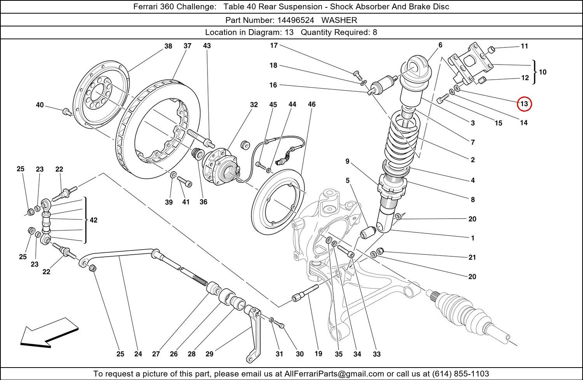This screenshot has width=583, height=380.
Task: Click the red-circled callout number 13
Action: [524, 104]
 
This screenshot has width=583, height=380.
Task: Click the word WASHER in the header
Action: [339, 20]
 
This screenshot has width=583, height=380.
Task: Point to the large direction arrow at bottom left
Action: [49, 333]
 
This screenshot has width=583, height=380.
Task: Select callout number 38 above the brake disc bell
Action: [168, 46]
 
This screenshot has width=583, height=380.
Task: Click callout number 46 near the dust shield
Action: [312, 104]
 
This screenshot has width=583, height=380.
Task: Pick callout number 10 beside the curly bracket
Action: [543, 72]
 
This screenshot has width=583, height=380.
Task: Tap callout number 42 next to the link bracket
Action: [94, 220]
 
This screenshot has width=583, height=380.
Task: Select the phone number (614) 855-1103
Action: [461, 374]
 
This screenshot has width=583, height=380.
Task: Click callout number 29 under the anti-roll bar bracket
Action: [209, 354]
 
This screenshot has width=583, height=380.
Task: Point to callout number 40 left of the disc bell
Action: [40, 105]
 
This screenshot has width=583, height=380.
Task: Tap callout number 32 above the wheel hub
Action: [254, 105]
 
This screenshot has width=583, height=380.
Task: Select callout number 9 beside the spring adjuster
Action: [347, 161]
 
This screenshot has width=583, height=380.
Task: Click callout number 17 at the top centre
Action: [274, 46]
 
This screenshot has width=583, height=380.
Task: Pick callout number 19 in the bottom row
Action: [318, 354]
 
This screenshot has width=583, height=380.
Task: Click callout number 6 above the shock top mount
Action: [440, 45]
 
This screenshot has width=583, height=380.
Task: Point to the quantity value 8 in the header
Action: [375, 32]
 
